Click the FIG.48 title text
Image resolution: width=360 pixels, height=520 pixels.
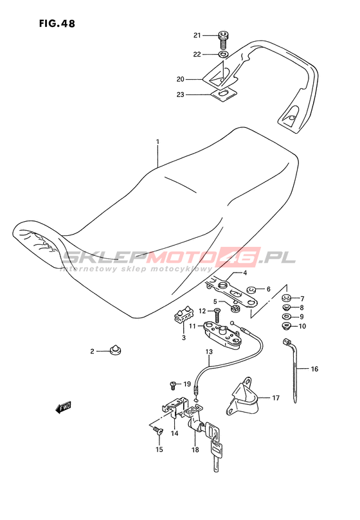click(x=57, y=24)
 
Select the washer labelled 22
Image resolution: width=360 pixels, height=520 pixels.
click(x=224, y=54)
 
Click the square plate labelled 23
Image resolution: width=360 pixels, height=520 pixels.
click(x=224, y=94)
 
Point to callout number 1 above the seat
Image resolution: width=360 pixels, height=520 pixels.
click(x=157, y=142)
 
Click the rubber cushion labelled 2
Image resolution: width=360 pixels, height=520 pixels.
click(x=115, y=349)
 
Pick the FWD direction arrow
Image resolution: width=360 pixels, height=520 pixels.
click(x=63, y=408)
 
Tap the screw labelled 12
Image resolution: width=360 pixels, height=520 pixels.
click(x=217, y=315)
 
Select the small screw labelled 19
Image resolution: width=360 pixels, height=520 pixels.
click(x=173, y=386)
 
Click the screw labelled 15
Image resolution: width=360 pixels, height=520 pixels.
click(x=158, y=431)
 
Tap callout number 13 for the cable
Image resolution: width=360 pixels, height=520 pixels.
click(x=209, y=352)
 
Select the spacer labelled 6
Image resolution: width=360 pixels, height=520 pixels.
click(x=252, y=290)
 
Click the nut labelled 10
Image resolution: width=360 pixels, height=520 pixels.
click(x=286, y=327)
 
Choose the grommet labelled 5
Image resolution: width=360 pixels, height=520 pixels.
click(x=235, y=309)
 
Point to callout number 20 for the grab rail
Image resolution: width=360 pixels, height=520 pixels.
click(x=180, y=79)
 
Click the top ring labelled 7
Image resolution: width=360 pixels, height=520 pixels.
click(x=287, y=297)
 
